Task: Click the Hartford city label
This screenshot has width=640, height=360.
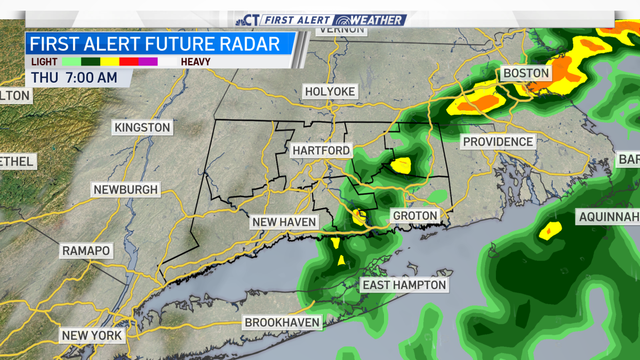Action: [321, 150]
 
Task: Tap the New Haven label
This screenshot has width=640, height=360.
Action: [284, 222]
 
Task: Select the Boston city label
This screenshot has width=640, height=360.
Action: [526, 73]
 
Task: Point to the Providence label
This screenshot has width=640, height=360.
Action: [498, 141]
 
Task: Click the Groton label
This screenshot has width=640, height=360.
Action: [415, 216]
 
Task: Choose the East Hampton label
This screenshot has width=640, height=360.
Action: [404, 285]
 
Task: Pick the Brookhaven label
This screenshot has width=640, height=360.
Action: [282, 322]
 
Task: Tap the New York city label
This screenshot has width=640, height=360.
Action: [92, 335]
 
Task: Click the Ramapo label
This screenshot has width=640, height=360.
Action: [86, 251]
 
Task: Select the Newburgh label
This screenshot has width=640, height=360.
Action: [125, 189]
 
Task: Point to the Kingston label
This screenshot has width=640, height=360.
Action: [142, 127]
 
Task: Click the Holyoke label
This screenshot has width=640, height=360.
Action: [330, 92]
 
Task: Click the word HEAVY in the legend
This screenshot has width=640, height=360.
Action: [195, 62]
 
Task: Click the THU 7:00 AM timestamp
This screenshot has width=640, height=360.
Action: [74, 77]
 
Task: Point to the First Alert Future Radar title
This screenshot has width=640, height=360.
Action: [155, 43]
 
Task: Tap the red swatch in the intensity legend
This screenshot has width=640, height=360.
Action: [129, 62]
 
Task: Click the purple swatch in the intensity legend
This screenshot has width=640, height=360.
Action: [148, 62]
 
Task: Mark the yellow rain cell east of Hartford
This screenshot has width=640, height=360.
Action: [401, 165]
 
